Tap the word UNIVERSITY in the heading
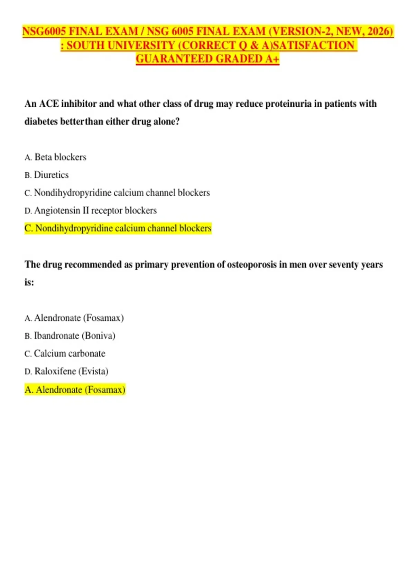coord(141,45)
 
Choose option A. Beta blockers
coord(56,157)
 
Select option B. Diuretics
coord(47,175)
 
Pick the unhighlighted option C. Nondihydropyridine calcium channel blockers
coord(117,193)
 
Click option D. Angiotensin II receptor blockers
coord(91,211)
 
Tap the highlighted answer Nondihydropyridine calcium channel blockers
coord(118,228)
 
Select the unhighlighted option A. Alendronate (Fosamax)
coord(74,318)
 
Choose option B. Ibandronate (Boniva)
coord(70,336)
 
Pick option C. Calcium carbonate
coord(65,354)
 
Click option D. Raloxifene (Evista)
coord(67,371)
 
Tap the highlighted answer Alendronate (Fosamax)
coord(75,390)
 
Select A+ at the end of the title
coord(272,59)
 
